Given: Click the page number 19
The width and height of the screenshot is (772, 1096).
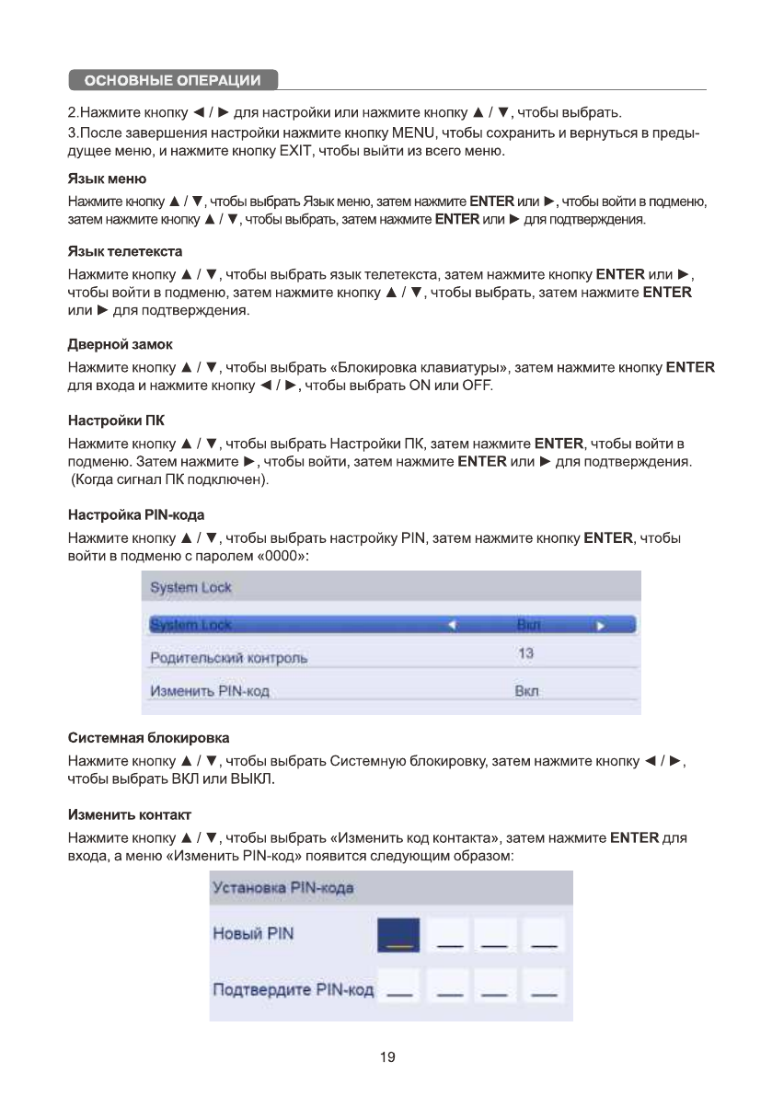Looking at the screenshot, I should pos(387,1057).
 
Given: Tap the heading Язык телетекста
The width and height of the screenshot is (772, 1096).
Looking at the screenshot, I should pos(125,250).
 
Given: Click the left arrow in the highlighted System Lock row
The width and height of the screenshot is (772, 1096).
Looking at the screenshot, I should pos(451,626).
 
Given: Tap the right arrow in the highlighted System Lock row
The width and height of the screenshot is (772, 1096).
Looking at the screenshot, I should pos(599,626).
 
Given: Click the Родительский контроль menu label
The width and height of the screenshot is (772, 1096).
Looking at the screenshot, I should pos(228,658).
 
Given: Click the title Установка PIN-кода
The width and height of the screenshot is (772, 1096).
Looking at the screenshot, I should pos(283,889).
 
